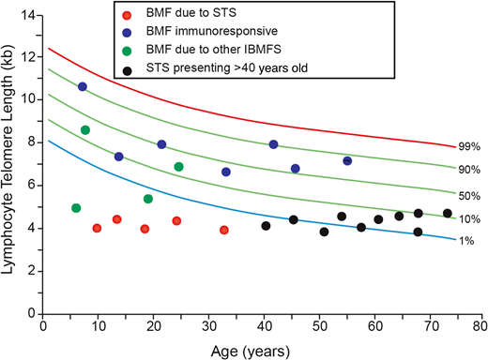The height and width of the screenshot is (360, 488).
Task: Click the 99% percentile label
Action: tap(469, 147)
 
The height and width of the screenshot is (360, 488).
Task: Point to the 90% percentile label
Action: tap(469, 170)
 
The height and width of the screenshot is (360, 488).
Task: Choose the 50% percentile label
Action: tap(469, 195)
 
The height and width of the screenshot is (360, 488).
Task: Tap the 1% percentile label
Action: tap(466, 240)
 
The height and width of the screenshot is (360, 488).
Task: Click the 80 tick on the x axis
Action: tap(480, 327)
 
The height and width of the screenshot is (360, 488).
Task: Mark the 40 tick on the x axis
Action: tap(262, 327)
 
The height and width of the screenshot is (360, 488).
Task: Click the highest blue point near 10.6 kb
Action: tap(83, 86)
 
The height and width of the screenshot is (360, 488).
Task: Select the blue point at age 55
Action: tap(347, 161)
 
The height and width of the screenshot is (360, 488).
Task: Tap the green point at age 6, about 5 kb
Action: tap(76, 208)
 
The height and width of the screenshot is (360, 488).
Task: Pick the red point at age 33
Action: tap(224, 230)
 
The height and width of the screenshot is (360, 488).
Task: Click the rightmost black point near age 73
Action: tap(448, 214)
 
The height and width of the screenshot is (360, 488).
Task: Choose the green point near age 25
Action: tap(178, 167)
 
